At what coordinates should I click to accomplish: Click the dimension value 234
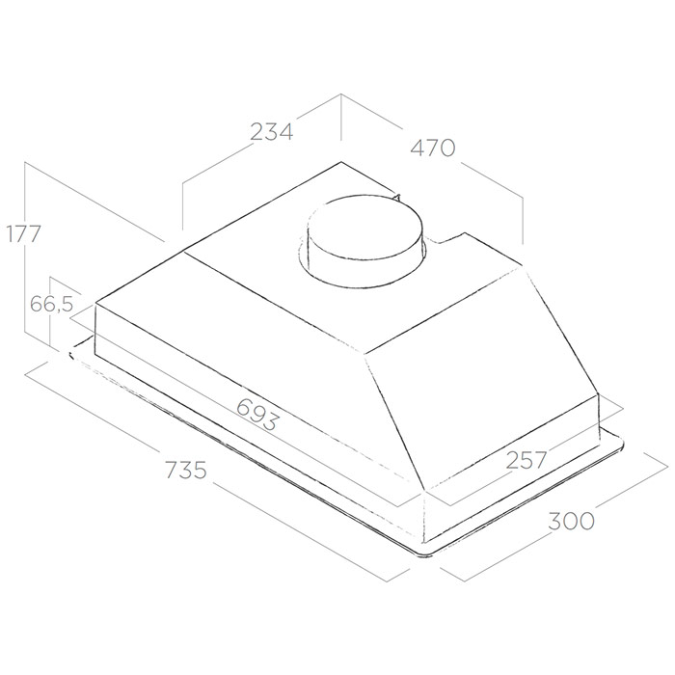tap(271, 132)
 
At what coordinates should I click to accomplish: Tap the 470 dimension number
tap(433, 148)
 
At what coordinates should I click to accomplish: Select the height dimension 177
tap(23, 233)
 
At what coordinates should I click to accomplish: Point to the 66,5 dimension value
tap(52, 305)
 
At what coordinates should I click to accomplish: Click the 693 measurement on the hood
tap(257, 414)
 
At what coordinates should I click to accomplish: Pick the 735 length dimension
tap(186, 470)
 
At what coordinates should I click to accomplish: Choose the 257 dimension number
tap(526, 459)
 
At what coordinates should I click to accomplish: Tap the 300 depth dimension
tap(571, 521)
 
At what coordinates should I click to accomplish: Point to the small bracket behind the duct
tap(396, 197)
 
